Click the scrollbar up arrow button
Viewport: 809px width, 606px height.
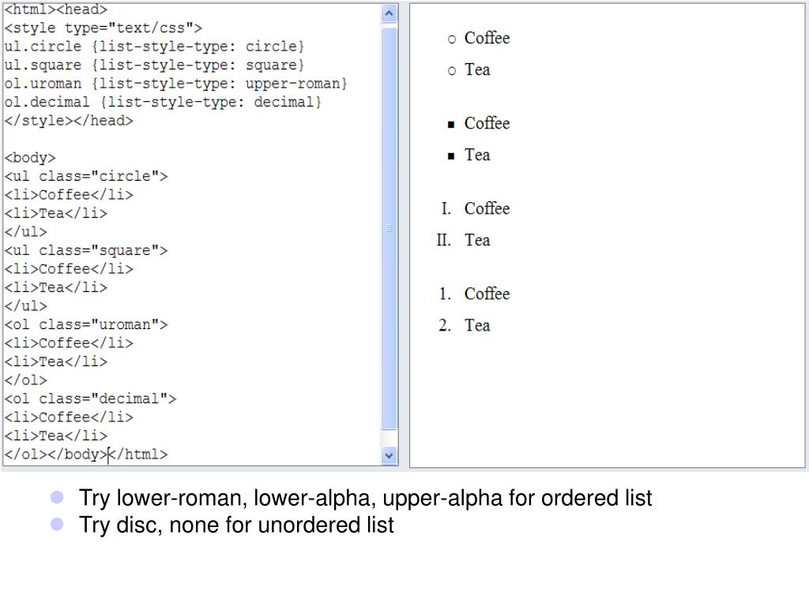[x=389, y=13]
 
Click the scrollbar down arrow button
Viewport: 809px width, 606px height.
[x=389, y=455]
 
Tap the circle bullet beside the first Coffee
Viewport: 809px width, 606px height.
[x=452, y=39]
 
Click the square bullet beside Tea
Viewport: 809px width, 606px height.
[x=451, y=156]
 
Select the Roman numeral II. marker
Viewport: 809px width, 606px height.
[x=443, y=240]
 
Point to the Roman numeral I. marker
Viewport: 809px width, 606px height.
[x=446, y=208]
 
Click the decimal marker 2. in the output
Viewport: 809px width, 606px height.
[x=445, y=325]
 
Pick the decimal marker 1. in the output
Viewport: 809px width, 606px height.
[x=445, y=294]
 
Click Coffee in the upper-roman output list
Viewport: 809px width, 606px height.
[x=487, y=208]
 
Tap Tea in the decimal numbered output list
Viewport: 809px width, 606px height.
[x=477, y=325]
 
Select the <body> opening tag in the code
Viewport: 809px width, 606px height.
[x=30, y=158]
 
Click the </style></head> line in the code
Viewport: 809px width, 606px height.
[x=70, y=121]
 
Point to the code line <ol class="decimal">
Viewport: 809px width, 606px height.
[x=91, y=398]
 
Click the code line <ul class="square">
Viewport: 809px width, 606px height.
[x=86, y=250]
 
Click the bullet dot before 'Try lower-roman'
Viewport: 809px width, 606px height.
[x=56, y=498]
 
